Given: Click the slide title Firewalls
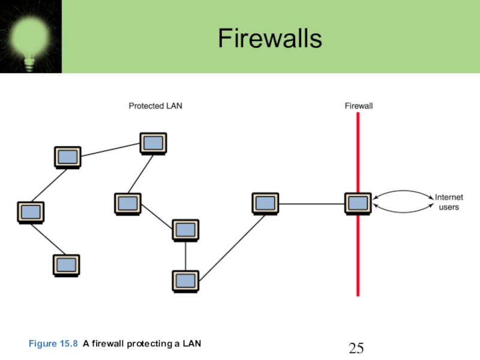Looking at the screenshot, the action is point(270,38).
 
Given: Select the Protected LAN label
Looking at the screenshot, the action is point(155,106).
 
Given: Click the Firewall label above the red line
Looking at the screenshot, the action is point(359,106).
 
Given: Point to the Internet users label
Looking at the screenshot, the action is point(449,202).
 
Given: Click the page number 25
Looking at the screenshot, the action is point(356,348).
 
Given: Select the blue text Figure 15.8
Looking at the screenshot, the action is point(53,343).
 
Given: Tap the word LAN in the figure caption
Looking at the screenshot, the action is point(192,343).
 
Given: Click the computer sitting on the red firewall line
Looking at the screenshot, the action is point(358,204).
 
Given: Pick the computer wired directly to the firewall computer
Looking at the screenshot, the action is point(265,204).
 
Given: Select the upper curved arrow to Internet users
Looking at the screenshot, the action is point(403,191).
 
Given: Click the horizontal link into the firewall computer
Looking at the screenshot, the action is point(311,203).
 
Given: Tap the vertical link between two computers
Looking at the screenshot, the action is point(185,256).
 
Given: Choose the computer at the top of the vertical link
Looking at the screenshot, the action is point(185,230).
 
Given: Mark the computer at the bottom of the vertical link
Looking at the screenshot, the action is point(185,281).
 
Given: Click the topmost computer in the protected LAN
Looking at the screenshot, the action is point(153,143).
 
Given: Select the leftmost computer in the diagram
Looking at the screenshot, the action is point(31,213).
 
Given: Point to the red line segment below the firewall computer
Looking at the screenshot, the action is point(358,256).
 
